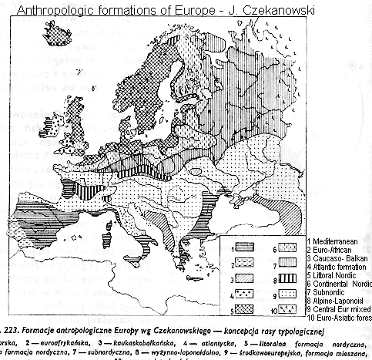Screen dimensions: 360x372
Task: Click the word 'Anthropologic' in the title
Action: point(53,11)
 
